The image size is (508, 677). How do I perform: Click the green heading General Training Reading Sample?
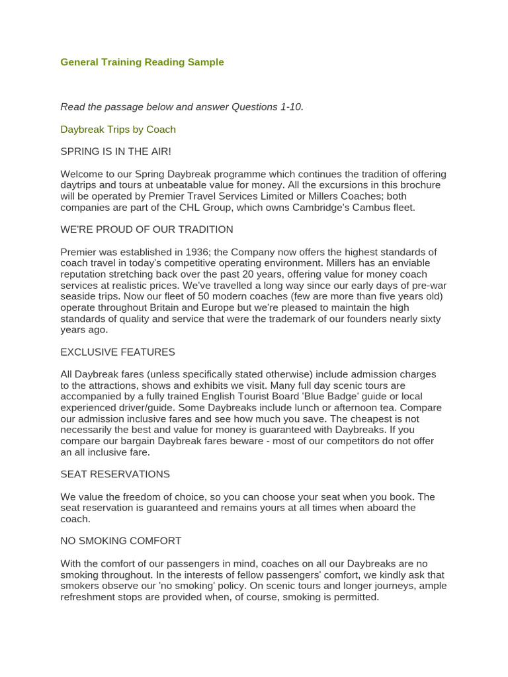pos(142,62)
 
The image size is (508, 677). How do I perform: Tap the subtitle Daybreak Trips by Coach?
pos(118,130)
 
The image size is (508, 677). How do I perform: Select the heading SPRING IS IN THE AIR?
pos(116,151)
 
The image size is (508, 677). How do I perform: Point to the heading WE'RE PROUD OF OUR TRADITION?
pos(147,229)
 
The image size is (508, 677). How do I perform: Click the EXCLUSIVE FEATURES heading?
pos(118,352)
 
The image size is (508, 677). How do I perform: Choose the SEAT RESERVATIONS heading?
pos(115,474)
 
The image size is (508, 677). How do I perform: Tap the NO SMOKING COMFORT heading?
pos(120,541)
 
